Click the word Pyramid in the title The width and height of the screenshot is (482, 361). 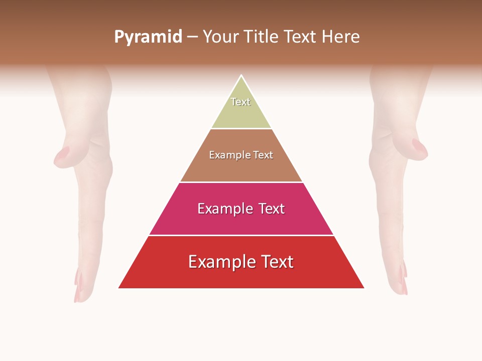[148, 37]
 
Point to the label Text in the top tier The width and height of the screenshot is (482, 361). [240, 102]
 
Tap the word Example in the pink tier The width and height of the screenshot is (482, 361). [223, 209]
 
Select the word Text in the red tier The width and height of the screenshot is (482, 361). [274, 262]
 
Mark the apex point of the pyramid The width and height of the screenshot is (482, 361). [241, 76]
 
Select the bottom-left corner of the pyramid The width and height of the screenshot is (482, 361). [119, 288]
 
